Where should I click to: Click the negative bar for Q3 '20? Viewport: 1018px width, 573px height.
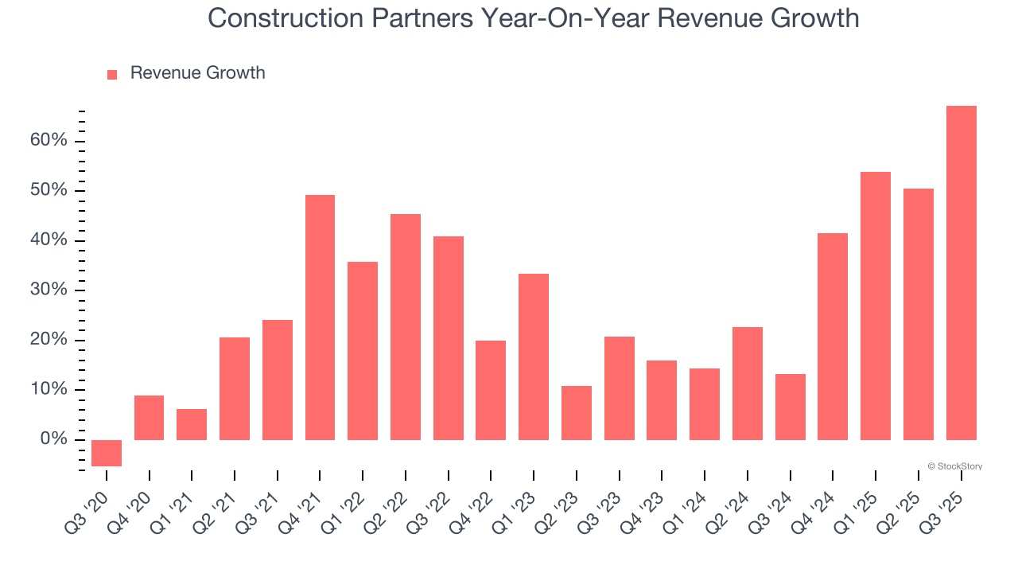point(107,453)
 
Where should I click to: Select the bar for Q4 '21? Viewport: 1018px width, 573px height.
point(320,318)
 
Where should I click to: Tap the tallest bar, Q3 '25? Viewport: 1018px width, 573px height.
point(961,273)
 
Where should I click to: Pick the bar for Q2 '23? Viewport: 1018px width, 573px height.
point(577,413)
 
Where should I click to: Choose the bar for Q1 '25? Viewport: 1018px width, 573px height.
point(876,306)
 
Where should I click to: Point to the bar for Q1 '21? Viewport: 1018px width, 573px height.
point(192,424)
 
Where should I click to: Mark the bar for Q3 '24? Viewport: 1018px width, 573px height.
point(790,407)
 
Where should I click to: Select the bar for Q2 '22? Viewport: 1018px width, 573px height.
point(406,327)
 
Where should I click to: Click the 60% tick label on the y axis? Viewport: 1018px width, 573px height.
point(49,141)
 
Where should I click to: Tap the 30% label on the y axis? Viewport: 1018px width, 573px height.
point(49,290)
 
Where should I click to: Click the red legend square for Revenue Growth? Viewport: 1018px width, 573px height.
point(112,74)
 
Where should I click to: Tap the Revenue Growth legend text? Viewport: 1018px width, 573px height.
point(197,73)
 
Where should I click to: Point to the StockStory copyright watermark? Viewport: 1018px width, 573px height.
point(954,466)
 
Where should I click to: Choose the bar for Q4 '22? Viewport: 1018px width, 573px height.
point(491,390)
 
